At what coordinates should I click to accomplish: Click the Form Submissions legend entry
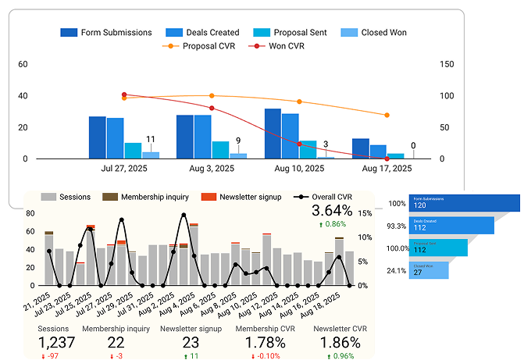[x=109, y=33]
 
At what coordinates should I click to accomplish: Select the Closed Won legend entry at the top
[x=379, y=33]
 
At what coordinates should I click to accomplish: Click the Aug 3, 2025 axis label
[x=211, y=168]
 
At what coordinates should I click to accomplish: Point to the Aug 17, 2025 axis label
[x=388, y=168]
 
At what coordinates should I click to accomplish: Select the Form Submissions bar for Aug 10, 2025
[x=273, y=134]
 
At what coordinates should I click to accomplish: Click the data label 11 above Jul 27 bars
[x=150, y=139]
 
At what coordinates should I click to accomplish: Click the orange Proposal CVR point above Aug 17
[x=387, y=115]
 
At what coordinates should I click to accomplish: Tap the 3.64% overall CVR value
[x=332, y=211]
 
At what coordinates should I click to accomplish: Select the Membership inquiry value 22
[x=116, y=342]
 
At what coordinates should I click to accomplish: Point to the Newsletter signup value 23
[x=191, y=342]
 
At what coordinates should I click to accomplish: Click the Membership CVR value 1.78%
[x=264, y=342]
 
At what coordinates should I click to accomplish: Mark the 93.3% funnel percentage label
[x=397, y=226]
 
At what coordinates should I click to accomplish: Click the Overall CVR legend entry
[x=321, y=197]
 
